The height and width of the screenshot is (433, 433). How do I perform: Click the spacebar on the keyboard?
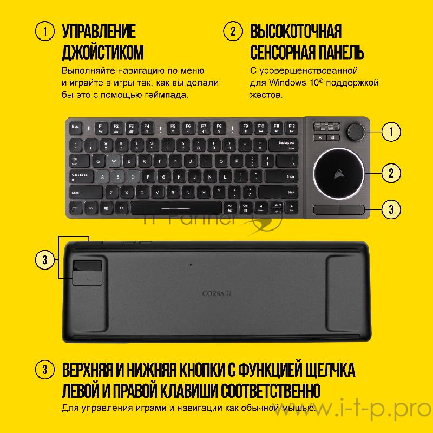click(x=176, y=208)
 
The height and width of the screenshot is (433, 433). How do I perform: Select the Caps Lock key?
click(x=82, y=176)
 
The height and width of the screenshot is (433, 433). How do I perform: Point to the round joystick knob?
click(x=356, y=131)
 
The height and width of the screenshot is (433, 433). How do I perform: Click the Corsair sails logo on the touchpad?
click(x=338, y=174)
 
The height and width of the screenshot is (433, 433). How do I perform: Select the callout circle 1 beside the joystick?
click(x=391, y=131)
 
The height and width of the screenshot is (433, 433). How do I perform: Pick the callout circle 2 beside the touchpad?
click(x=391, y=173)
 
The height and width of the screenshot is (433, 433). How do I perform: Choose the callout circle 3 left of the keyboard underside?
click(x=45, y=259)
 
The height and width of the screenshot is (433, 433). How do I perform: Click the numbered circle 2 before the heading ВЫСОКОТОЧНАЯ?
click(x=233, y=31)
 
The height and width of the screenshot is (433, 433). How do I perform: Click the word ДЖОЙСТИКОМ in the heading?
click(x=103, y=52)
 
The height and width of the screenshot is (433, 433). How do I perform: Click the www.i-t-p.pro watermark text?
click(x=357, y=405)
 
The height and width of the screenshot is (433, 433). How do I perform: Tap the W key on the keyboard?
click(x=113, y=161)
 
